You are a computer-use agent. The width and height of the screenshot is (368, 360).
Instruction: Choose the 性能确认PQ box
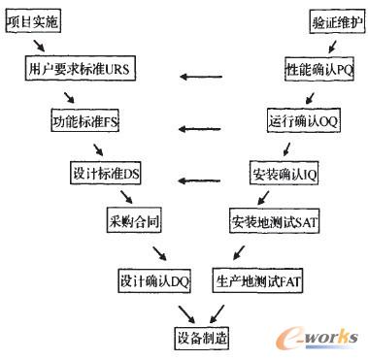coord(319,71)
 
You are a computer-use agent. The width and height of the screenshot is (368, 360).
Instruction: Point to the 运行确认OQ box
coord(302,123)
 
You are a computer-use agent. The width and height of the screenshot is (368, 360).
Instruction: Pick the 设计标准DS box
coord(99,174)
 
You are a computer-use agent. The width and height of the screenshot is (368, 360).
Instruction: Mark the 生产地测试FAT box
coord(251,279)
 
